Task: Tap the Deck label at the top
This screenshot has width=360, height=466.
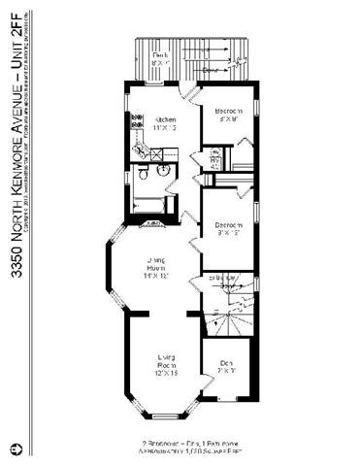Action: pyautogui.click(x=160, y=55)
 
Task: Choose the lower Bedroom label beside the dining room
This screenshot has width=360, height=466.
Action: pyautogui.click(x=229, y=225)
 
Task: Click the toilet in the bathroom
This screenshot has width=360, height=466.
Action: pyautogui.click(x=142, y=173)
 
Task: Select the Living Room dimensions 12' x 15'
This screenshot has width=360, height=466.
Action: pyautogui.click(x=165, y=373)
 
